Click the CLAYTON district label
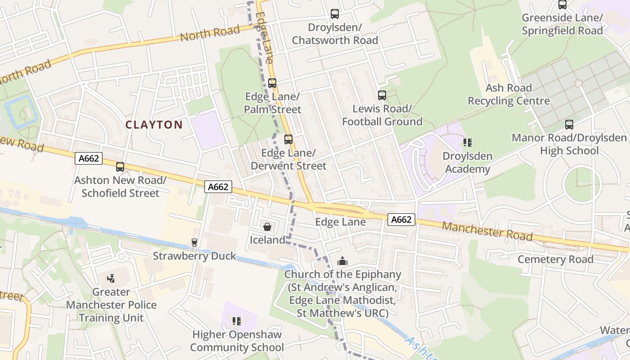[x=154, y=125]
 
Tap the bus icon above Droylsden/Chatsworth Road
[x=335, y=14]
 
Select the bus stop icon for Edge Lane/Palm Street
[x=272, y=83]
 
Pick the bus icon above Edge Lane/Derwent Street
[x=288, y=139]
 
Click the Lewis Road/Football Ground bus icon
[x=382, y=95]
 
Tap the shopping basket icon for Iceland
[x=267, y=227]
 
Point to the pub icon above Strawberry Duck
[x=194, y=243]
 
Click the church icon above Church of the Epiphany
[x=342, y=261]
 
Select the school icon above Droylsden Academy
[x=468, y=143]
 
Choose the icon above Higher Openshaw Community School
[x=237, y=321]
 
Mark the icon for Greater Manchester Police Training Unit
[x=111, y=279]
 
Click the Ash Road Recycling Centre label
[x=508, y=94]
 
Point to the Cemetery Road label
[x=555, y=259]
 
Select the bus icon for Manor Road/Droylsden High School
[x=569, y=125]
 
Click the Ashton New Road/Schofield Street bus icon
[x=120, y=167]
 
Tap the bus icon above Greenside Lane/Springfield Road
[x=562, y=5]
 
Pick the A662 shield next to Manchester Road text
[x=401, y=220]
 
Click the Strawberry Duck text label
[x=194, y=256]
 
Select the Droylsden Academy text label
[x=468, y=162]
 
